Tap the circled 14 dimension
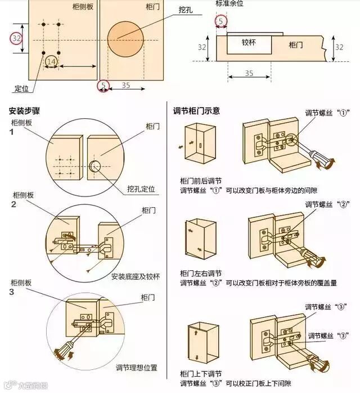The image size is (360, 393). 51,61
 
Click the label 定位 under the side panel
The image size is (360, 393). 21,89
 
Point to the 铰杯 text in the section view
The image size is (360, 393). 249,42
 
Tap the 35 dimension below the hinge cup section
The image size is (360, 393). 249,73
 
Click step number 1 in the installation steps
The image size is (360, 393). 11,132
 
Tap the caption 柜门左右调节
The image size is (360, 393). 201,273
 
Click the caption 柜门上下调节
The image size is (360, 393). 201,374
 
